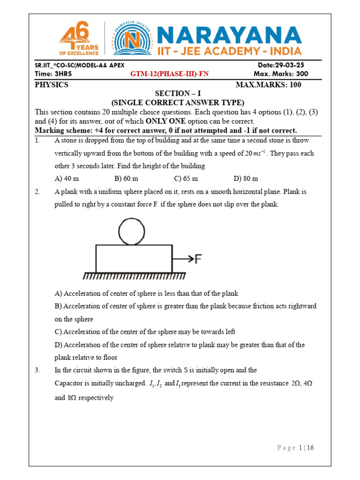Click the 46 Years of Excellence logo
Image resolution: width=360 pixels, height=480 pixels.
(78, 39)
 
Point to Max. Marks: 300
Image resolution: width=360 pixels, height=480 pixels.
(280, 74)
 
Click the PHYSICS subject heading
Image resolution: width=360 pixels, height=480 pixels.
(52, 85)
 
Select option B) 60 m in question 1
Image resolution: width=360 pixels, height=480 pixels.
(126, 179)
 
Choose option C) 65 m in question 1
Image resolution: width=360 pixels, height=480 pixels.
(186, 179)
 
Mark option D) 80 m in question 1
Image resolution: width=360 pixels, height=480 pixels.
(246, 179)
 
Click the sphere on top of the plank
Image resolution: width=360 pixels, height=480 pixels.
(131, 232)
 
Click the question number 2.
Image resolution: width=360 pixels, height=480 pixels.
(37, 192)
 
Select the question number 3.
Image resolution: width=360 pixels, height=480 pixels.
(37, 370)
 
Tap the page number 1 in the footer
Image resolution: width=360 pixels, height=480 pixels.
(300, 448)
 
